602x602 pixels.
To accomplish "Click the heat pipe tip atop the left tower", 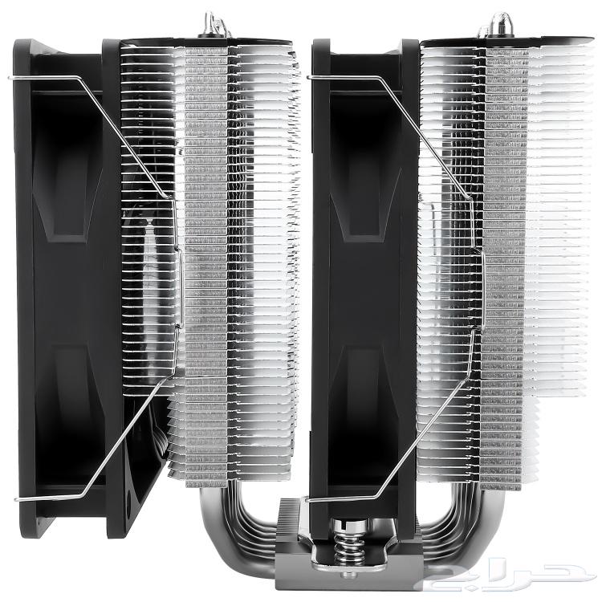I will coord(214,23).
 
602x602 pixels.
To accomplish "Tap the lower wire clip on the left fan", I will coord(104,449).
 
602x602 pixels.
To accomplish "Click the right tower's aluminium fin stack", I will coord(514,241).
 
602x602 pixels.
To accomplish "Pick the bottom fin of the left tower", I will coord(233,480).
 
